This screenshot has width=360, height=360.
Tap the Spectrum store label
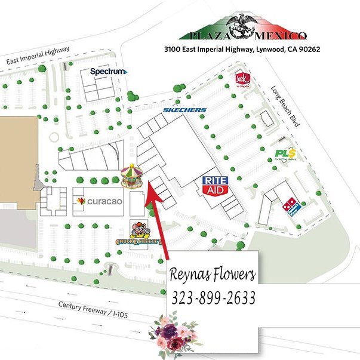(x=109, y=72)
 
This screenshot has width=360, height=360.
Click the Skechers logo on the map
(x=185, y=110)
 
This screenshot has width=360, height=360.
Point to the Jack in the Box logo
(x=242, y=78)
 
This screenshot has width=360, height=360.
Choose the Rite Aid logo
(x=216, y=184)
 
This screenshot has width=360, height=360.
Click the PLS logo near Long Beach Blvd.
(x=285, y=154)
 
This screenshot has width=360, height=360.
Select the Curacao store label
(x=100, y=202)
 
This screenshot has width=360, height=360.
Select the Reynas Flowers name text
(x=213, y=275)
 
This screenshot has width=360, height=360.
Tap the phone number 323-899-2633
(x=213, y=297)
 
